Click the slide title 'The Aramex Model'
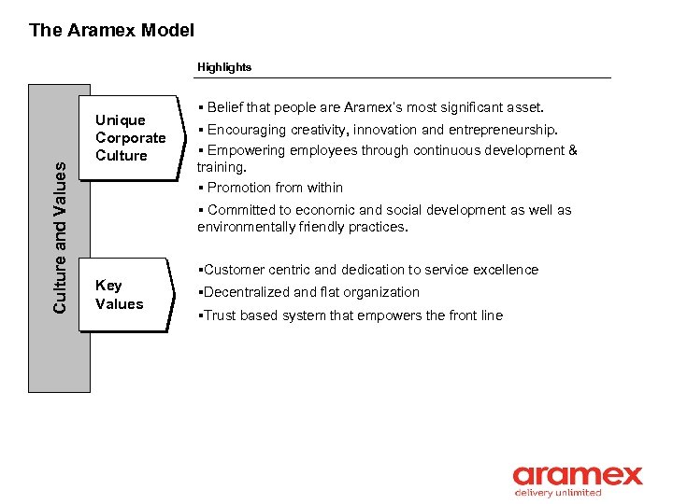[x=111, y=30]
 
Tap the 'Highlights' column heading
[x=223, y=67]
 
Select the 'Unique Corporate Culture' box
[x=130, y=137]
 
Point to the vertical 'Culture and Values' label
[x=60, y=237]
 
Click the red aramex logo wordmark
[x=577, y=475]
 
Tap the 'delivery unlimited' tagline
[x=559, y=493]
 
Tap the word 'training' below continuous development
[x=221, y=167]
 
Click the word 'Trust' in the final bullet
[x=220, y=315]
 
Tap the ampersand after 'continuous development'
[x=572, y=150]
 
